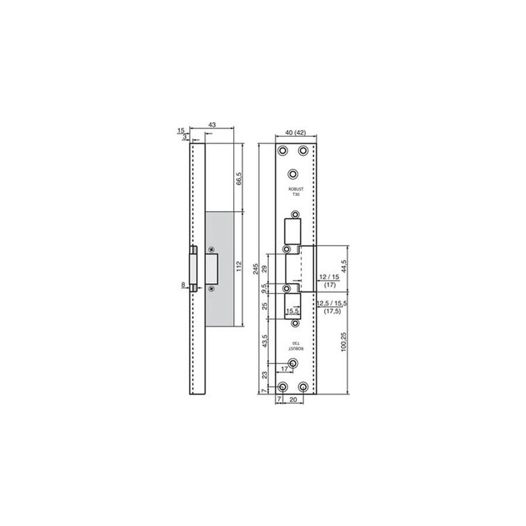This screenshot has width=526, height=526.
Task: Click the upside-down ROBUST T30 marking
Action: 297,345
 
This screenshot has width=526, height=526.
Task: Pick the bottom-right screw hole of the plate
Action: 303,387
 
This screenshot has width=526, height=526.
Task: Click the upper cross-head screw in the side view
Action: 212,248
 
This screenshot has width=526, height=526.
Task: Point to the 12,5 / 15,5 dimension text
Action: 331,304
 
